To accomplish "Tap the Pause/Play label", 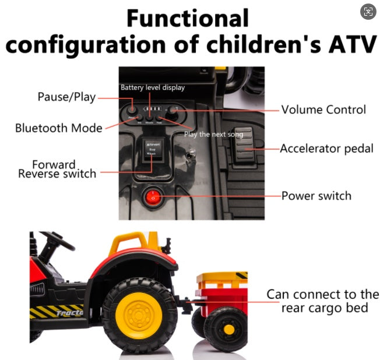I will point(66,97).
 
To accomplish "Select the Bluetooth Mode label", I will point(59,128).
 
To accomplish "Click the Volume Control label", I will point(323,110).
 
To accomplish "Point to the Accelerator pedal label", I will point(326,149).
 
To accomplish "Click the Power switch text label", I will point(316,195).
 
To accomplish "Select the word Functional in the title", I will point(188,19).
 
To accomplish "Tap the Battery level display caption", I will point(153,87).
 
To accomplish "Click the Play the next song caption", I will point(213,135).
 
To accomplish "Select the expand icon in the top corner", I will point(368,12).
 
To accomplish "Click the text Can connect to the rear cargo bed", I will point(322,301).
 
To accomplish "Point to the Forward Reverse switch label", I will point(57,169).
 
